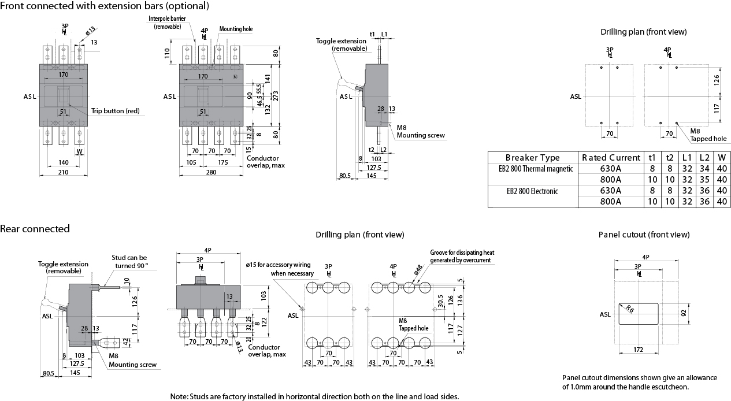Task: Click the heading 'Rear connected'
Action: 35,229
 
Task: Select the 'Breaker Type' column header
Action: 532,158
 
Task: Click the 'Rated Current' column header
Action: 611,158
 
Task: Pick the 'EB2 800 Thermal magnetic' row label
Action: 532,169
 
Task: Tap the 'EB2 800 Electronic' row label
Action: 532,191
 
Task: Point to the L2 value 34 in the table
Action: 704,169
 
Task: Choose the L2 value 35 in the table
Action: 704,180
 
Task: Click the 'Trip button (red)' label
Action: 115,111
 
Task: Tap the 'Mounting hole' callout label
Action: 236,29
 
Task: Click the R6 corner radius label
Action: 630,309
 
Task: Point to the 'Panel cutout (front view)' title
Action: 644,235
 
